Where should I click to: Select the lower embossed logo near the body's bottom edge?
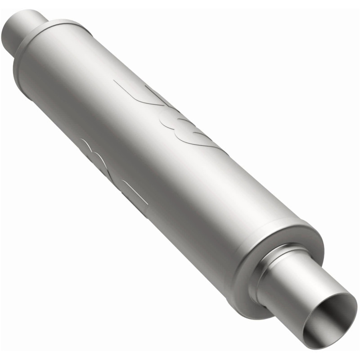[x=112, y=173]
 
